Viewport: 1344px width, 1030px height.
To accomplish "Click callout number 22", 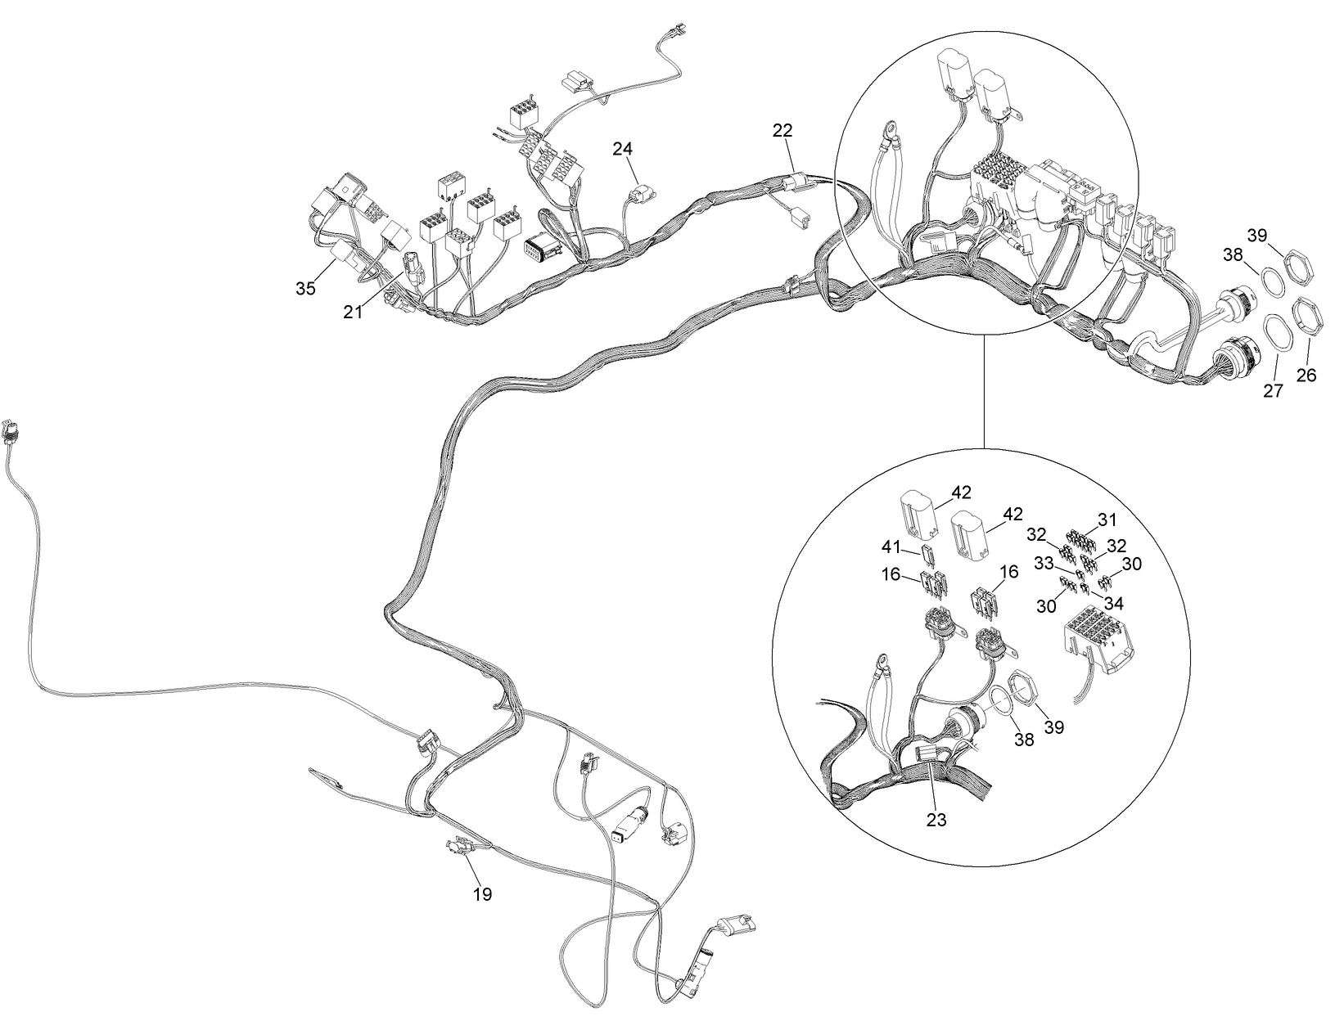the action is pos(782,131).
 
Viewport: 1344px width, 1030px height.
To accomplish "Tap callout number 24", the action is pos(623,149).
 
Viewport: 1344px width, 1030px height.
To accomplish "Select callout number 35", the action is pos(305,289).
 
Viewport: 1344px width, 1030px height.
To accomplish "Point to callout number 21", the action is pos(353,313).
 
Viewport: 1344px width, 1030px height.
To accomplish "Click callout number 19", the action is pos(482,894).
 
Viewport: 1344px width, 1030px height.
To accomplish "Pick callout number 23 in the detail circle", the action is pos(936,820).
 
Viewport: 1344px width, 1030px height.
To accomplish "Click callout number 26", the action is pos(1306,375).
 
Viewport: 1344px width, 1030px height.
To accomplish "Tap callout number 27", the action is pos(1273,390).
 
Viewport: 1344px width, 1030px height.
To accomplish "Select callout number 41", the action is pos(891,546).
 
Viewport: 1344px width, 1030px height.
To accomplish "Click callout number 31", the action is pos(1107,519).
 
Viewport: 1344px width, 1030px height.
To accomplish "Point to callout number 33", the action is pos(1044,564).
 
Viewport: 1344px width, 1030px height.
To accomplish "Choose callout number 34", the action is pos(1114,602).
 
